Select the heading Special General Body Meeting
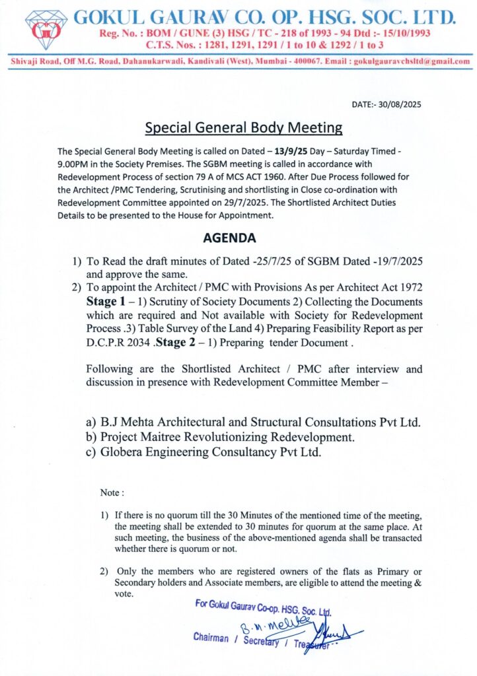click(x=244, y=127)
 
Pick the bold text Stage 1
click(x=107, y=300)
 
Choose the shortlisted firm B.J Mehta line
click(x=261, y=422)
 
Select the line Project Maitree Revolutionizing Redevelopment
click(x=227, y=437)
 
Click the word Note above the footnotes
click(x=110, y=493)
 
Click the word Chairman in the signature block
click(x=211, y=638)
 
